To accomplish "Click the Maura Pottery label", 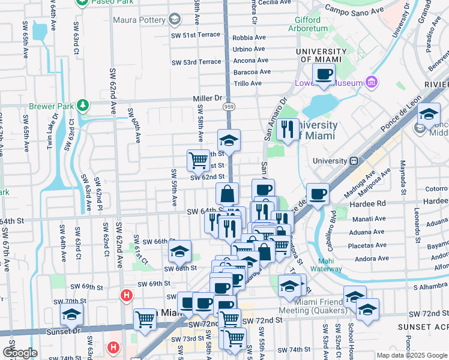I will [141, 20].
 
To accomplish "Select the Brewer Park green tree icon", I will [83, 106].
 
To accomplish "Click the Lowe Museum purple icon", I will [371, 82].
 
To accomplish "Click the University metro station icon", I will [355, 161].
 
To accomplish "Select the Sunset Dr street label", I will [65, 330].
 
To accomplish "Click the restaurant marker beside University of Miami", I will [288, 130].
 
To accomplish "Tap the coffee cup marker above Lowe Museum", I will [324, 74].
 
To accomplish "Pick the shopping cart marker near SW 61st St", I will [198, 161].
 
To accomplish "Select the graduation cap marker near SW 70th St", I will [71, 314].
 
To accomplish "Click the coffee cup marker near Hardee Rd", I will [318, 194].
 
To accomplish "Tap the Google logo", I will [20, 353].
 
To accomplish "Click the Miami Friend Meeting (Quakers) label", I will [313, 305].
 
